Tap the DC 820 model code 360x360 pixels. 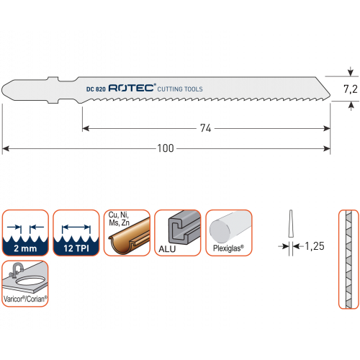pyautogui.click(x=96, y=89)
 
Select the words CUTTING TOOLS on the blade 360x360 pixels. pyautogui.click(x=180, y=89)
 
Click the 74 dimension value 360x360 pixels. pyautogui.click(x=206, y=128)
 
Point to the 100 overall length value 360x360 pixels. pyautogui.click(x=166, y=148)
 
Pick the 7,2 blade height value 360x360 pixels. pyautogui.click(x=351, y=89)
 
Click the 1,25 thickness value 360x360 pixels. pyautogui.click(x=315, y=246)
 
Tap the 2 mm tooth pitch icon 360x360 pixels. pyautogui.click(x=25, y=233)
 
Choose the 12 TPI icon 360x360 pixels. pyautogui.click(x=76, y=233)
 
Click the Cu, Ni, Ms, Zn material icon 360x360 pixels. pyautogui.click(x=127, y=233)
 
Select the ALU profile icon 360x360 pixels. pyautogui.click(x=178, y=233)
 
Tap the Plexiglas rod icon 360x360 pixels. pyautogui.click(x=229, y=233)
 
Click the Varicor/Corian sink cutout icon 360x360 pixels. pyautogui.click(x=25, y=284)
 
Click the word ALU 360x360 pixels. pyautogui.click(x=167, y=249)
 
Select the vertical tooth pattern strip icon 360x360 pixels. pyautogui.click(x=348, y=259)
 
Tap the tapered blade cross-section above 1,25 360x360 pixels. pyautogui.click(x=291, y=224)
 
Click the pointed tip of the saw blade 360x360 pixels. pyautogui.click(x=330, y=96)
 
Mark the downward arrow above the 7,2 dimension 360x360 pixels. pyautogui.click(x=351, y=71)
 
